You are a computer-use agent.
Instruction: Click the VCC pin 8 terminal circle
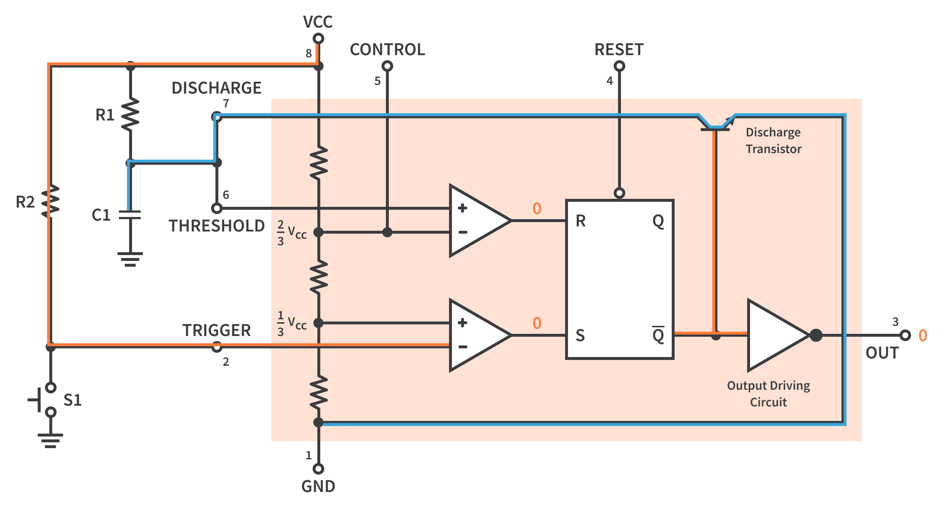coord(318,38)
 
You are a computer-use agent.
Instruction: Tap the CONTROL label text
coord(387,49)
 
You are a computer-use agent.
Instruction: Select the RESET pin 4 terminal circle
coord(619,66)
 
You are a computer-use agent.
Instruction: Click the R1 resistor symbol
coord(130,114)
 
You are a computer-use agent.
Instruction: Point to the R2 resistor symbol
coord(50,201)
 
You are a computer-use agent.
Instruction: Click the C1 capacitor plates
coord(130,214)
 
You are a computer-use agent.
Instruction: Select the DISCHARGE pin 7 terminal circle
coord(217,117)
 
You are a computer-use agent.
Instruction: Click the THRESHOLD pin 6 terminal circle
coord(217,208)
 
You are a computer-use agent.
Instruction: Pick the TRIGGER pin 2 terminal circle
coord(217,347)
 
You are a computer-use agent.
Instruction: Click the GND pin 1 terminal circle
coord(318,468)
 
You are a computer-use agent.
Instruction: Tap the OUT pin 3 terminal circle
coord(905,335)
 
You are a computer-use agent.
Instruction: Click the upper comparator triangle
coord(475,221)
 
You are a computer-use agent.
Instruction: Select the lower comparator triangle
coord(475,335)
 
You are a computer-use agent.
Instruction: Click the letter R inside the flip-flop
coord(581,221)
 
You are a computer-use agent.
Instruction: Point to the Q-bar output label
coord(658,335)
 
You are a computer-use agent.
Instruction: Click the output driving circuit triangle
coord(774,335)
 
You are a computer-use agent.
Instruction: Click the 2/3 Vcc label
coord(291,233)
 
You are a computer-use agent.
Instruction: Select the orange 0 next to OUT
coord(922,336)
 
